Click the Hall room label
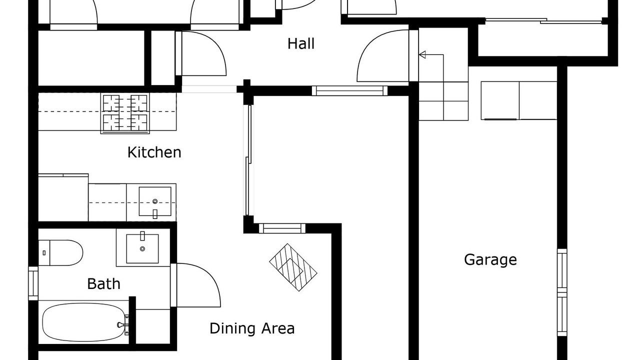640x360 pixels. pyautogui.click(x=301, y=43)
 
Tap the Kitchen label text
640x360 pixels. pyautogui.click(x=154, y=152)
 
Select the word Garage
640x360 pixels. pyautogui.click(x=490, y=260)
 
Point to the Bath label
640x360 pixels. pyautogui.click(x=103, y=284)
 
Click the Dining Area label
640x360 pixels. pyautogui.click(x=252, y=328)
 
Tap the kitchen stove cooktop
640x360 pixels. pyautogui.click(x=125, y=113)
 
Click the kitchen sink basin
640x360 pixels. pyautogui.click(x=155, y=201)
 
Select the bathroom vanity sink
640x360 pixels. pyautogui.click(x=142, y=248)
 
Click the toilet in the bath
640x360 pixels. pyautogui.click(x=60, y=253)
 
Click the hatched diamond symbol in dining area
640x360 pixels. pyautogui.click(x=293, y=267)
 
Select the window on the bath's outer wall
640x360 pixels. pyautogui.click(x=33, y=283)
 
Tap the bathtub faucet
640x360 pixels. pyautogui.click(x=122, y=325)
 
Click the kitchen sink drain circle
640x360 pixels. pyautogui.click(x=155, y=201)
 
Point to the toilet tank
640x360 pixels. pyautogui.click(x=44, y=253)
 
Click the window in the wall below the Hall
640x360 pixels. pyautogui.click(x=349, y=91)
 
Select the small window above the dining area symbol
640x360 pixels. pyautogui.click(x=282, y=228)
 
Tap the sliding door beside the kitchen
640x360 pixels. pyautogui.click(x=248, y=160)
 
